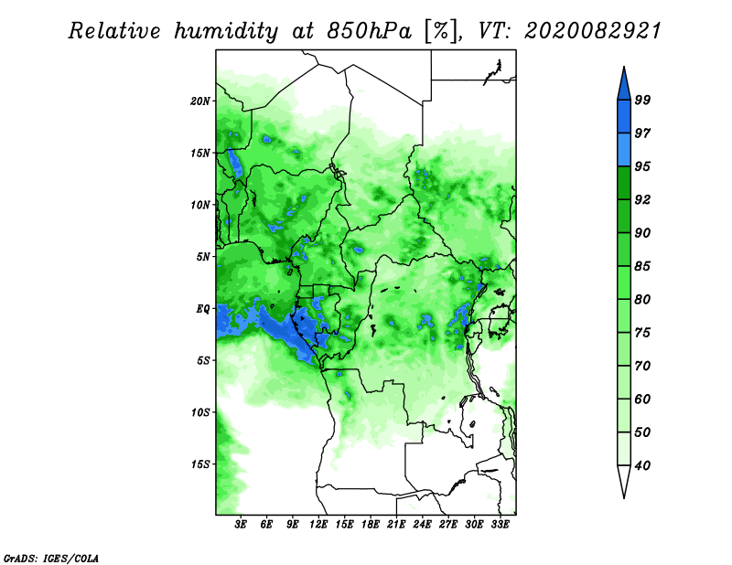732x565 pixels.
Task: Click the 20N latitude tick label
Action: coord(200,101)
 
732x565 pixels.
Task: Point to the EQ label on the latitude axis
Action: coord(203,308)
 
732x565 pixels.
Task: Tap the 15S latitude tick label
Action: coord(200,464)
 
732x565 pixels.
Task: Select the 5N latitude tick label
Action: coord(203,257)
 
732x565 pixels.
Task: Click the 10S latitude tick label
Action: coord(200,412)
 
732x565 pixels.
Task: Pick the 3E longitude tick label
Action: coord(242,525)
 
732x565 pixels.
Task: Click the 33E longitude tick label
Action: coord(501,525)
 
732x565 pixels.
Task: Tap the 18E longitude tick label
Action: coord(371,525)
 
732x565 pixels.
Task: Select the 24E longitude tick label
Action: coord(423,525)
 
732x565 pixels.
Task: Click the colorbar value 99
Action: coord(642,100)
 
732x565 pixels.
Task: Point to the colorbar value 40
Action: coord(642,465)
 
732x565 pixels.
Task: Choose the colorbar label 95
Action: coord(642,166)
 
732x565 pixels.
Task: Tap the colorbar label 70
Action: coord(642,366)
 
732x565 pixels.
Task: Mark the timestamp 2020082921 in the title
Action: coord(592,31)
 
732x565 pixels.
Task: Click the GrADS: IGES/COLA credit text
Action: coord(50,557)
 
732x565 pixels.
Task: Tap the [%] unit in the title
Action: coord(439,31)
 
